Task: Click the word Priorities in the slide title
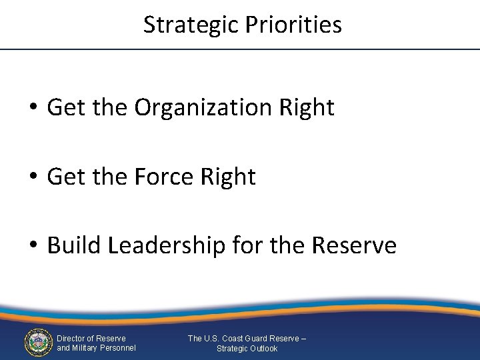pyautogui.click(x=293, y=25)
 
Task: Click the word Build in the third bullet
pyautogui.click(x=73, y=246)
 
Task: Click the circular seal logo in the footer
pyautogui.click(x=37, y=343)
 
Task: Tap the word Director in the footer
pyautogui.click(x=71, y=339)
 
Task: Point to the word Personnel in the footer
pyautogui.click(x=117, y=348)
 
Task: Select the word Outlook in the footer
pyautogui.click(x=263, y=349)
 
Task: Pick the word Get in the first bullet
pyautogui.click(x=61, y=107)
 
